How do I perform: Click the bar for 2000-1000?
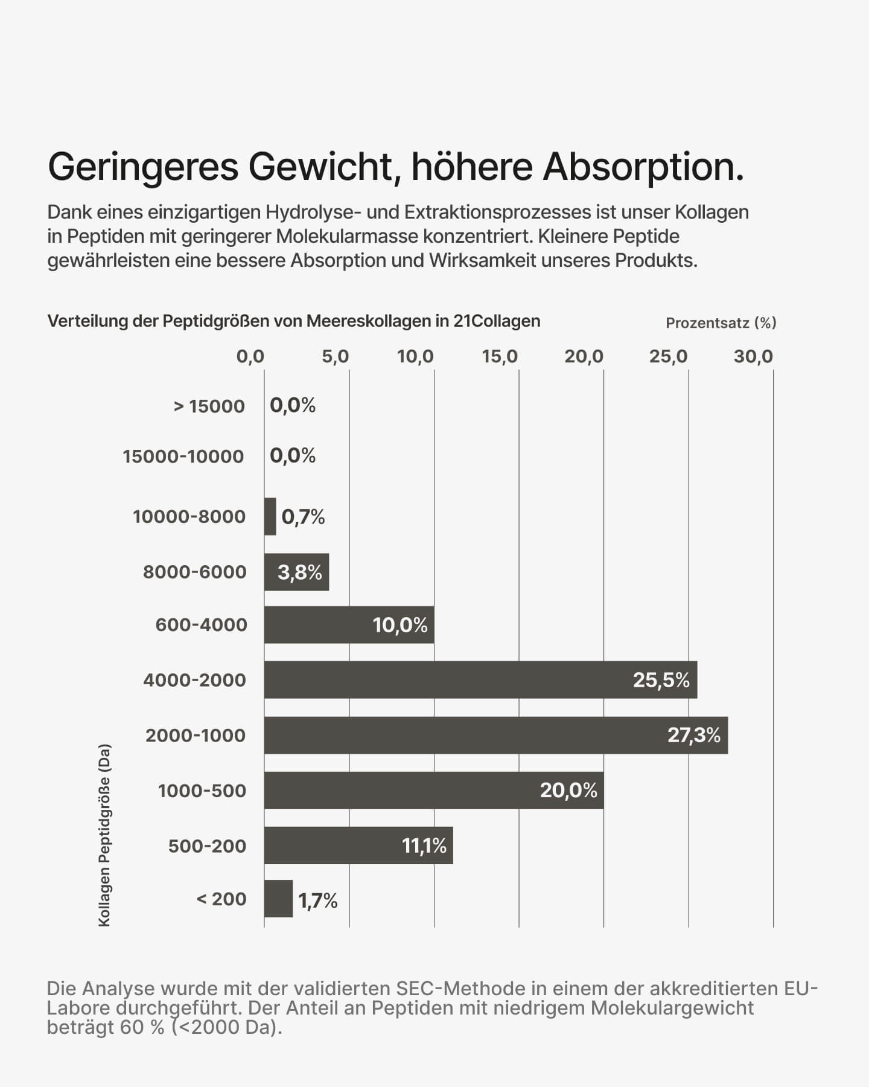[495, 735]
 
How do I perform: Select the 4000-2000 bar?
[480, 680]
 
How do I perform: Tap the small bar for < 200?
[278, 899]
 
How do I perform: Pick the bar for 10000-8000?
[270, 516]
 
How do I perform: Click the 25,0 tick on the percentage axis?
[669, 356]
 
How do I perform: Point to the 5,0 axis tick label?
[335, 356]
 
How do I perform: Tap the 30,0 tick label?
[753, 356]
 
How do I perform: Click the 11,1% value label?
[424, 845]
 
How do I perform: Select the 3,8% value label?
[299, 572]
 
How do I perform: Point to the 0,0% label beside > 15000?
[293, 405]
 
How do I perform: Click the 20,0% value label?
[568, 790]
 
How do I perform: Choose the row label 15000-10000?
[183, 457]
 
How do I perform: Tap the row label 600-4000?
[202, 624]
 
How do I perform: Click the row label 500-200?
[207, 846]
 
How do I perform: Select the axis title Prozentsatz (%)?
[721, 323]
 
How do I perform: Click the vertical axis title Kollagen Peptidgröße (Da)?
[104, 835]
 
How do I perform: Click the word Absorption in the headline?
[643, 167]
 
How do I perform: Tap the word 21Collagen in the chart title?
[497, 321]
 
